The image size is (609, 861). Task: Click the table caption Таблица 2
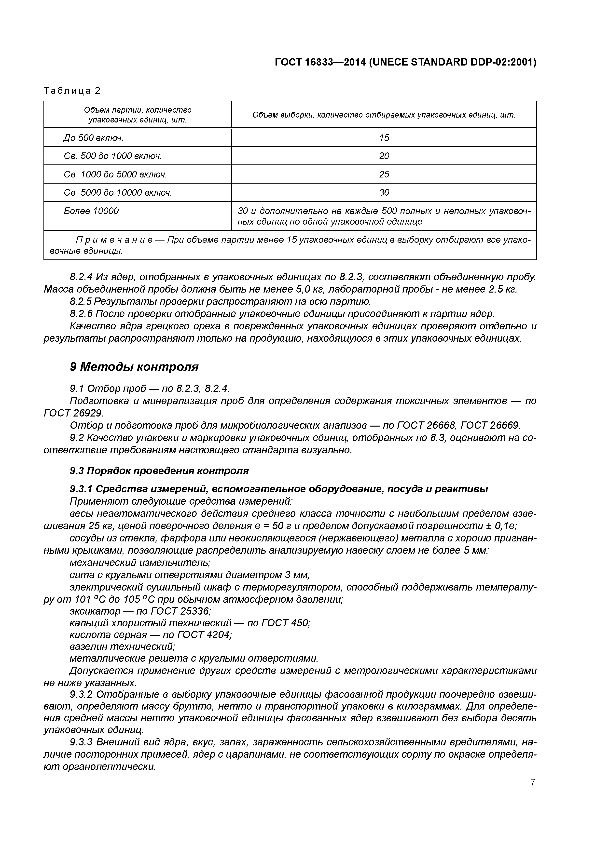(x=72, y=91)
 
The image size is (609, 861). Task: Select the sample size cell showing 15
(x=384, y=138)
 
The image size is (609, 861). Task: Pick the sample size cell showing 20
(x=384, y=156)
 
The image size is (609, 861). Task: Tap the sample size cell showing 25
(x=384, y=174)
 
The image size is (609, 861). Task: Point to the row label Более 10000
(x=91, y=211)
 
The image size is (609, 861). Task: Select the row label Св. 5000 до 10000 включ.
(x=118, y=193)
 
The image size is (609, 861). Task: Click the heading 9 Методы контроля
(x=134, y=367)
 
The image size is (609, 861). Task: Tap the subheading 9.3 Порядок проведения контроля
(x=159, y=471)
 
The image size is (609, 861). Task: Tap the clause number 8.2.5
(x=81, y=301)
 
